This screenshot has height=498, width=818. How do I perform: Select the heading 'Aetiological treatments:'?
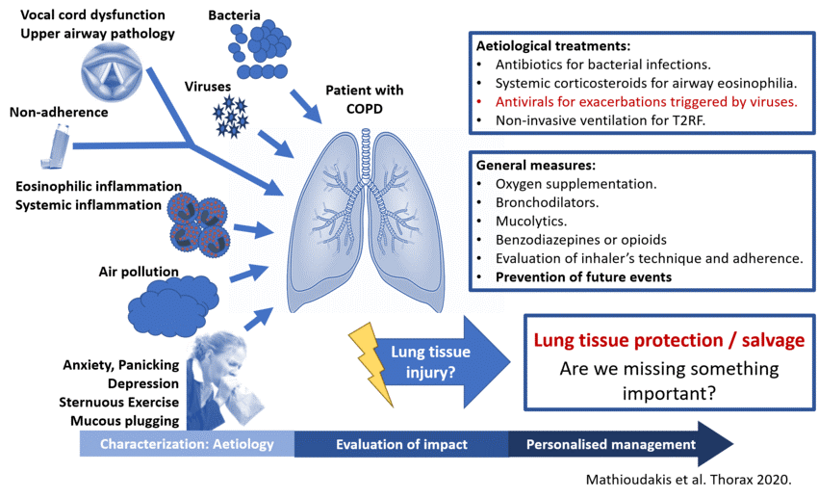(553, 45)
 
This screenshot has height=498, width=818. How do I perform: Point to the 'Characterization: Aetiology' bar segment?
(187, 444)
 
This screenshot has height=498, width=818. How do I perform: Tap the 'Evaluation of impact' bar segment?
(401, 444)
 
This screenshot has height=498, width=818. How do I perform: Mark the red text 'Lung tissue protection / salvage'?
(669, 341)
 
